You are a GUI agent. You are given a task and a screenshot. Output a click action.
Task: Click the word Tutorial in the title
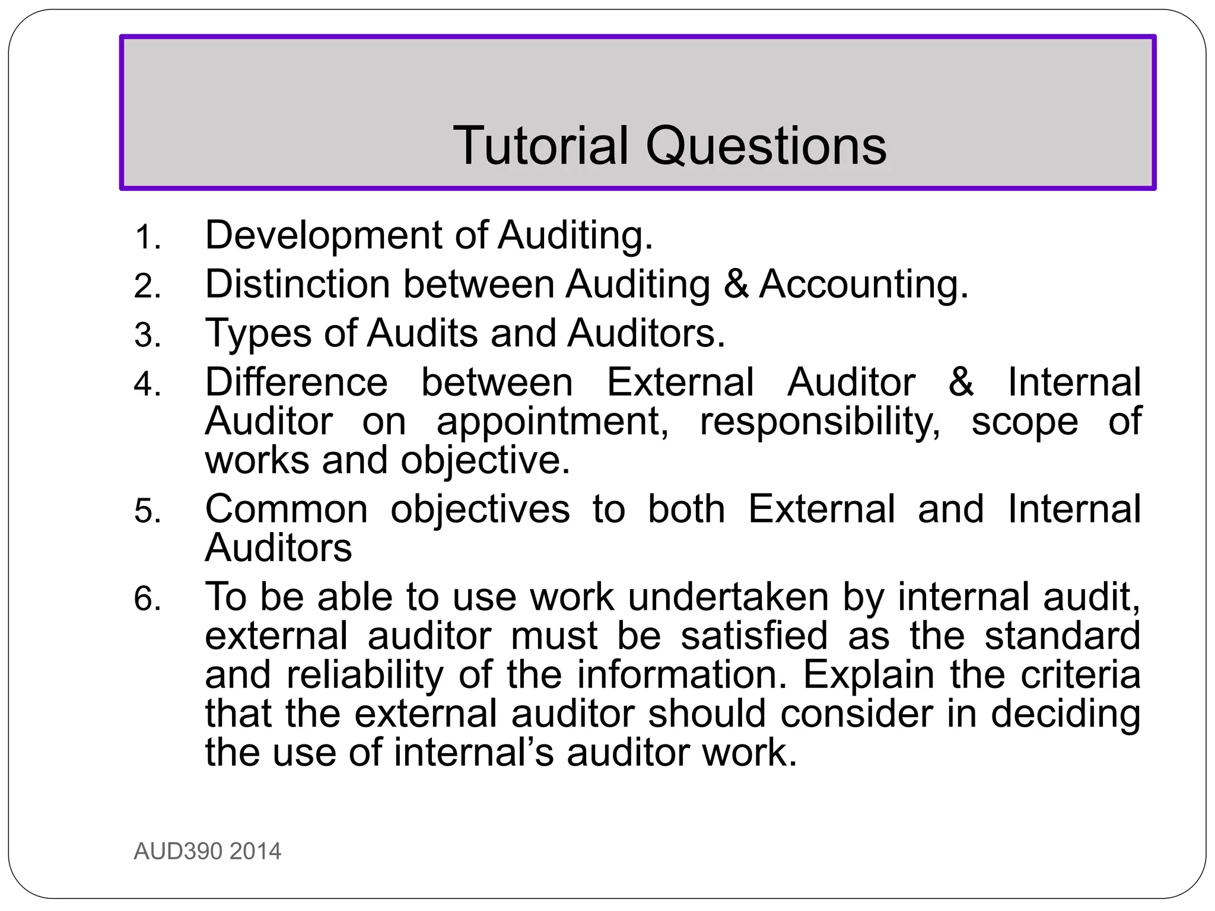click(540, 146)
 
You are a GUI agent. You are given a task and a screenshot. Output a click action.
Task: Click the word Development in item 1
click(323, 235)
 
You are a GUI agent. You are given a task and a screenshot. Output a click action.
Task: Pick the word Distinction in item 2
click(297, 284)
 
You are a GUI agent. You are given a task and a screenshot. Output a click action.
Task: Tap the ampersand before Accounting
click(736, 284)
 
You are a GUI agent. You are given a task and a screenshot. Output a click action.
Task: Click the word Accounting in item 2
click(863, 284)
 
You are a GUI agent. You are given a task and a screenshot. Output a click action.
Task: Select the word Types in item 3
click(258, 333)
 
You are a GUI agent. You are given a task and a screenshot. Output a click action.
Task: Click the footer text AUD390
click(178, 852)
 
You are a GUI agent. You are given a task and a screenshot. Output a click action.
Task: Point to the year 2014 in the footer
click(255, 852)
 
